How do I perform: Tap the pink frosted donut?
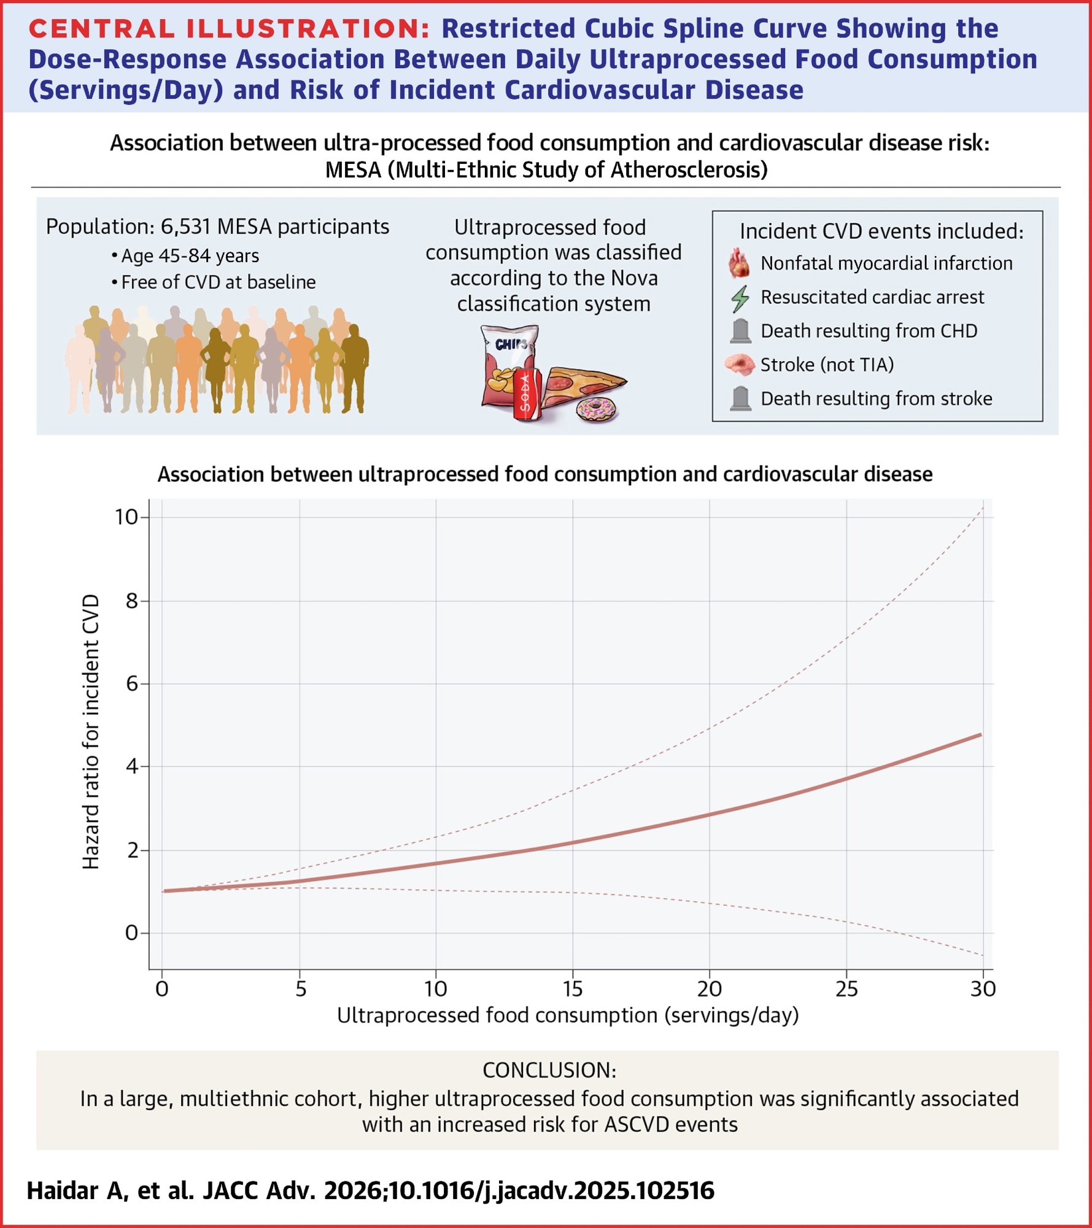(x=597, y=410)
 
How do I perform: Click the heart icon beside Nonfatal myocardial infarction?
(x=739, y=264)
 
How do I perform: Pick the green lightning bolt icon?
(x=740, y=298)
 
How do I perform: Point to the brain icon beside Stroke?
(x=740, y=365)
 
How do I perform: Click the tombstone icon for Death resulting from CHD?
(x=741, y=332)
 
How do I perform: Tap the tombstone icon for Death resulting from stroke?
(x=741, y=399)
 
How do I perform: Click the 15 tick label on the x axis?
(x=572, y=989)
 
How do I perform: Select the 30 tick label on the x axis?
(x=983, y=989)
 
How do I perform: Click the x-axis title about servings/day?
(x=568, y=1016)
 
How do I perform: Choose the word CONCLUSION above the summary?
(x=549, y=1070)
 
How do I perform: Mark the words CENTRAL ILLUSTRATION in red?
(x=229, y=29)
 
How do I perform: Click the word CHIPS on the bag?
(x=511, y=344)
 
